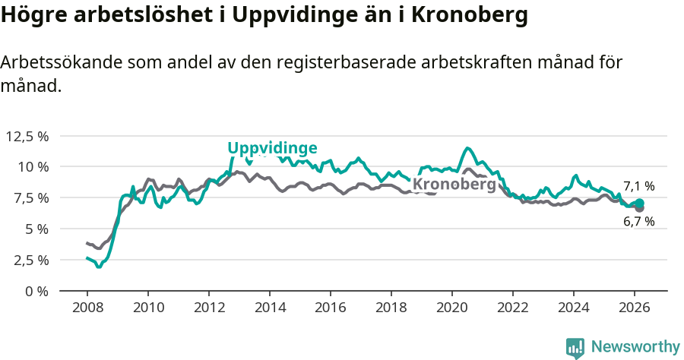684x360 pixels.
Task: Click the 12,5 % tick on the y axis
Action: [x=27, y=136]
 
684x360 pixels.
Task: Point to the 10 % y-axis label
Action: [x=33, y=166]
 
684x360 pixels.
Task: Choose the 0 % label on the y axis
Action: [x=36, y=291]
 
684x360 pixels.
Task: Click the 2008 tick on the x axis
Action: [x=87, y=308]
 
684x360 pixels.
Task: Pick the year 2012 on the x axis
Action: [x=209, y=308]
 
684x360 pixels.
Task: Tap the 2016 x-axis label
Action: [x=331, y=308]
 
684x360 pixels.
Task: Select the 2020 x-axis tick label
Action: [x=452, y=308]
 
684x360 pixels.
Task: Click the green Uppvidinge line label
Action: [x=272, y=148]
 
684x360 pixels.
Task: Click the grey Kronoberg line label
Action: [x=454, y=185]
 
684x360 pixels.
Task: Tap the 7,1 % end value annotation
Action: [x=638, y=186]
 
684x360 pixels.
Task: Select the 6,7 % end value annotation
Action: [x=638, y=222]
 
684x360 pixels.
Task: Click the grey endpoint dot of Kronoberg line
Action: [x=640, y=208]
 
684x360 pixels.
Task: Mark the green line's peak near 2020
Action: [x=467, y=148]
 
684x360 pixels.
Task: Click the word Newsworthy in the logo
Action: [x=635, y=347]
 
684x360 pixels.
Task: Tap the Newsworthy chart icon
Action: [x=575, y=348]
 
